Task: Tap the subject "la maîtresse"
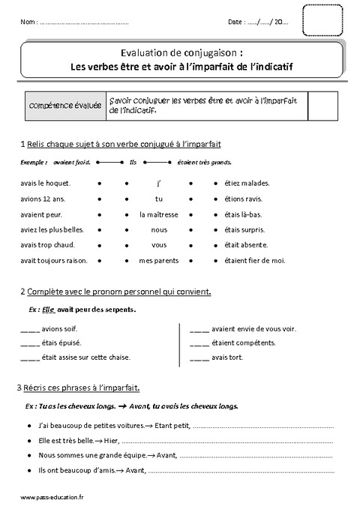coord(158,214)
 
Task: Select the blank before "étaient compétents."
coord(200,343)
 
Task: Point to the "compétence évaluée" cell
coord(64,106)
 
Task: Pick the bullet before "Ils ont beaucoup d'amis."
coord(27,471)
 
